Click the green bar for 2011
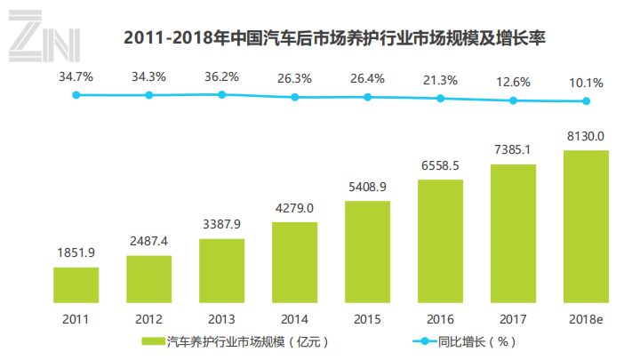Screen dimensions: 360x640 tap(76, 284)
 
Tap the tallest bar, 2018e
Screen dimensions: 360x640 tap(586, 227)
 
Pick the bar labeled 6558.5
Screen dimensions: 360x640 tap(440, 241)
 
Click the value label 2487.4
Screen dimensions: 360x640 tap(148, 242)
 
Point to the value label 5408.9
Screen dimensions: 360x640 tap(367, 188)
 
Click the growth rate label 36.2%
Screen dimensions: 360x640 tap(221, 76)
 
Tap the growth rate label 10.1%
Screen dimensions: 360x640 tap(586, 83)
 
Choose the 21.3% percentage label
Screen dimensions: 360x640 tap(440, 81)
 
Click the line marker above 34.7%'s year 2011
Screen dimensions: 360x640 tap(76, 94)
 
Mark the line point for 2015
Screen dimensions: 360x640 tap(368, 96)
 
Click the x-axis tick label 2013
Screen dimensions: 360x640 tap(221, 318)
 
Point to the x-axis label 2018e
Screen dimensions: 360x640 tap(586, 318)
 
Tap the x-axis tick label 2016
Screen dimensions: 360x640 tap(440, 318)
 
